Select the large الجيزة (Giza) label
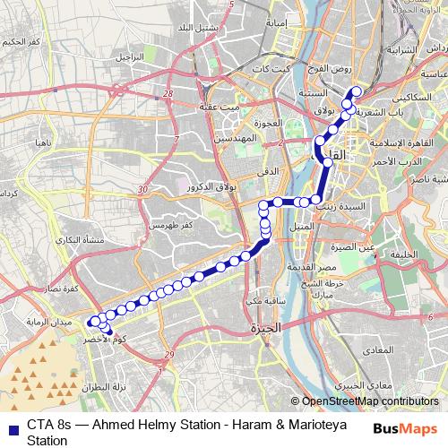click(x=266, y=328)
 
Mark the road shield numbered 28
click(x=168, y=91)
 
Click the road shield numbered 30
click(x=142, y=190)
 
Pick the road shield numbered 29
click(x=169, y=356)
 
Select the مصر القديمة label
click(x=314, y=268)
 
